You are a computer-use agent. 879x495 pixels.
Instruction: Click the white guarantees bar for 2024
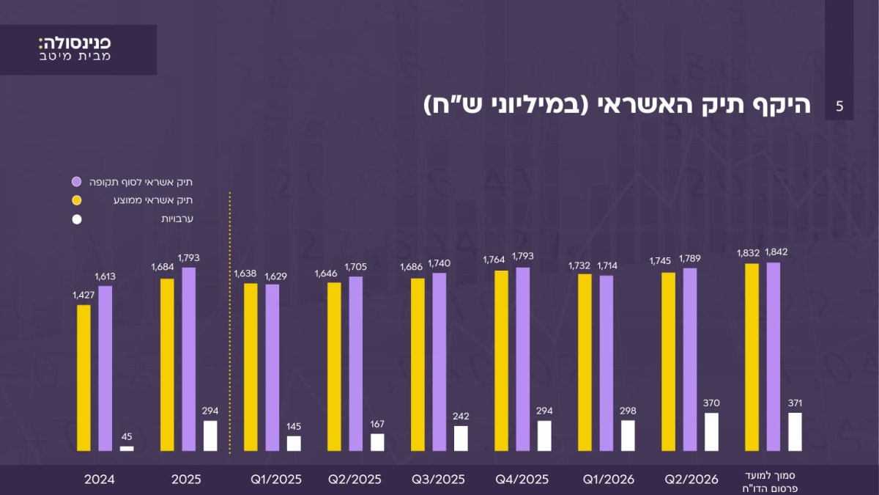point(127,449)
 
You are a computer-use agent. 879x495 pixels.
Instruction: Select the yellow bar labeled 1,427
point(84,378)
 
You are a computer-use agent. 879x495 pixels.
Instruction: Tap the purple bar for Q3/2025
point(439,362)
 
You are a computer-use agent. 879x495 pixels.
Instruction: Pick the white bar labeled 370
point(711,432)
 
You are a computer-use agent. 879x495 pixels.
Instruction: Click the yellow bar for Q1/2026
point(585,362)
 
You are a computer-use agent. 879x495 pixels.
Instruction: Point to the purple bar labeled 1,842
point(774,356)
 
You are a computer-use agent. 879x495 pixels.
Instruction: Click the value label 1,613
point(105,276)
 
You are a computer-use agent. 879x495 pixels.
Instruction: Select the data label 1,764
point(494,260)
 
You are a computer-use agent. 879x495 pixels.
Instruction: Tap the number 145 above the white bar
point(294,426)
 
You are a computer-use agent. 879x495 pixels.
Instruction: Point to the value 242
point(461,416)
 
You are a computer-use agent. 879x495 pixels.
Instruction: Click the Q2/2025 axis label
point(355,480)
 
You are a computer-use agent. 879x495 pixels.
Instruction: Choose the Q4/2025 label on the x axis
point(522,480)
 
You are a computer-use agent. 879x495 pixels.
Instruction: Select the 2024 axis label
point(100,480)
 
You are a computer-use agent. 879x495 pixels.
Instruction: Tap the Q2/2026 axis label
point(691,480)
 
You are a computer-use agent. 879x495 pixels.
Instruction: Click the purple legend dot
point(76,182)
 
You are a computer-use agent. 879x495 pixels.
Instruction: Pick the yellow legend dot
point(76,200)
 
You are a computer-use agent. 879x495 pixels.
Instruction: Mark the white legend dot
point(77,219)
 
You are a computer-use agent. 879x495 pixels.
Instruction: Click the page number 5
point(839,106)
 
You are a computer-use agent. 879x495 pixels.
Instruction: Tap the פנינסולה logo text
point(75,43)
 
